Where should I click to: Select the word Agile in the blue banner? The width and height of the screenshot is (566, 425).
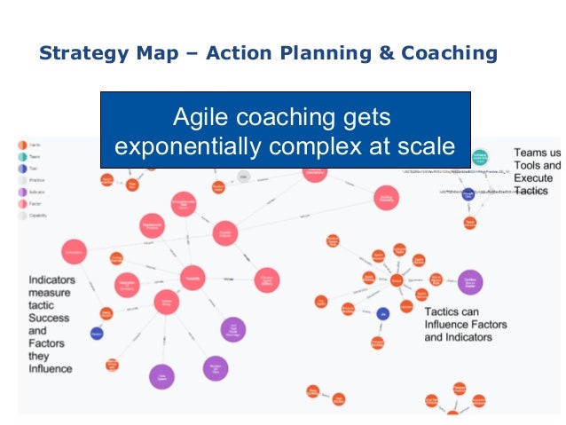pyautogui.click(x=200, y=117)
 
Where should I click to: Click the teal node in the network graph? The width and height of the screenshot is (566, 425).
pyautogui.click(x=480, y=158)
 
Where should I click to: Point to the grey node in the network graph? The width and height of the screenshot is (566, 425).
pyautogui.click(x=244, y=177)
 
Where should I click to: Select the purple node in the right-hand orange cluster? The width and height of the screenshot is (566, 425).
pyautogui.click(x=469, y=281)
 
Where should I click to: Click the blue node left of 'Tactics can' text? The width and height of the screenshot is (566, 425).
pyautogui.click(x=382, y=313)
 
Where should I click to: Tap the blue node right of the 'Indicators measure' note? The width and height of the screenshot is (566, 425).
pyautogui.click(x=97, y=334)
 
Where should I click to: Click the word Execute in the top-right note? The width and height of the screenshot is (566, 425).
pyautogui.click(x=533, y=177)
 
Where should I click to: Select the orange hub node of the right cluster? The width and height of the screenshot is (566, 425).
pyautogui.click(x=397, y=280)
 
